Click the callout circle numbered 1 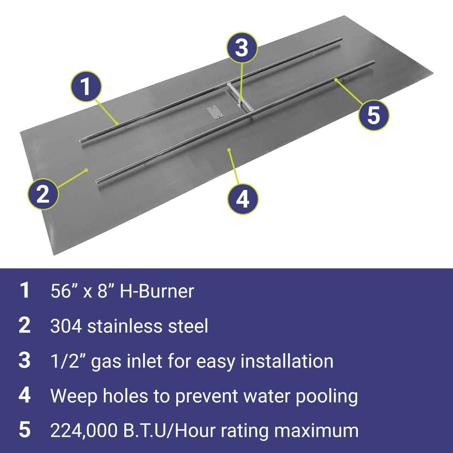click(86, 87)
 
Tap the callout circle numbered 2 click(43, 194)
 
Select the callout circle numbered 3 click(242, 48)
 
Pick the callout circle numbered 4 click(243, 199)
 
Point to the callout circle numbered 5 click(374, 115)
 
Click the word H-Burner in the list click(157, 291)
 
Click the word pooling click(327, 397)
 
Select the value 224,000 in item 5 click(84, 431)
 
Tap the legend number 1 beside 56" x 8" click(25, 291)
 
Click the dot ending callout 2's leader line click(87, 170)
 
